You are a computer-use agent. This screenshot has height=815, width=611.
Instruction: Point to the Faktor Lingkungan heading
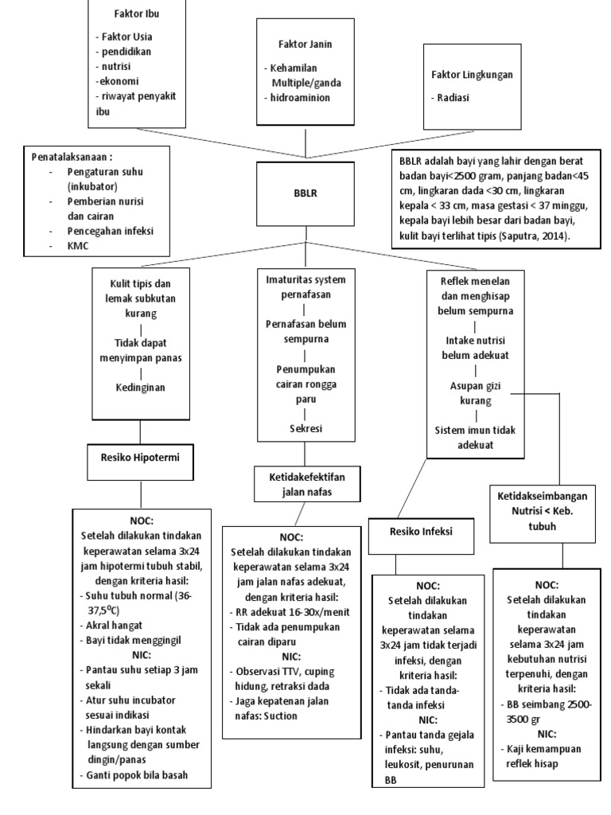(x=473, y=74)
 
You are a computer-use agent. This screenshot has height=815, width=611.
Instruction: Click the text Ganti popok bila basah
(x=139, y=774)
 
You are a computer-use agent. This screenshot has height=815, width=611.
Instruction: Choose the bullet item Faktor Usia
(x=126, y=37)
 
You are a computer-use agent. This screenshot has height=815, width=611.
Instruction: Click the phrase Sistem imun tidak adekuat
(x=477, y=438)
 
